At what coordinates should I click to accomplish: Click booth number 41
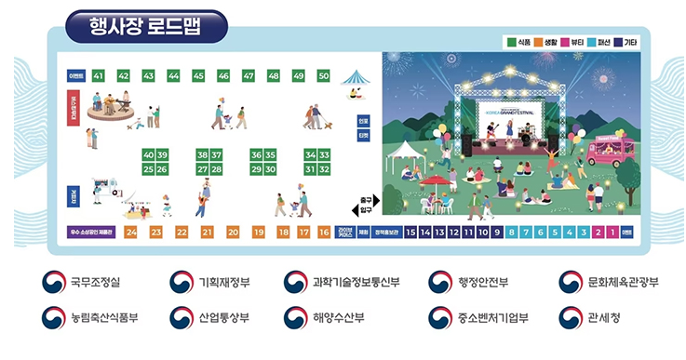click(x=99, y=75)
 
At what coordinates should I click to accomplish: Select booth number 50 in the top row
click(x=323, y=75)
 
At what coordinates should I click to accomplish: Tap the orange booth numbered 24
click(x=131, y=232)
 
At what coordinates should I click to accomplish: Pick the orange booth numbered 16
click(x=324, y=232)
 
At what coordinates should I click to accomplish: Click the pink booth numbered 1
click(x=612, y=232)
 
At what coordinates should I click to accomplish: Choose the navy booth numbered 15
click(x=411, y=232)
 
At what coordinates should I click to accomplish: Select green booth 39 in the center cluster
click(x=162, y=154)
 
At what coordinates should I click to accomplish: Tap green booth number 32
click(x=324, y=169)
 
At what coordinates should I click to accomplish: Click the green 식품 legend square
click(x=510, y=42)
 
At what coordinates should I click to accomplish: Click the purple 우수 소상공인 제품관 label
click(x=91, y=232)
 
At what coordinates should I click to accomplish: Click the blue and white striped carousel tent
click(x=356, y=78)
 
